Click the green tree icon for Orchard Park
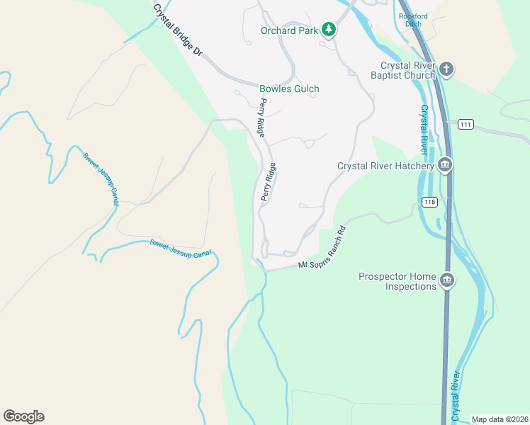click(328, 30)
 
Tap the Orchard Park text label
click(290, 30)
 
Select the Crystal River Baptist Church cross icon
click(446, 69)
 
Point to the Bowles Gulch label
click(289, 89)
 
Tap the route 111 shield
click(466, 124)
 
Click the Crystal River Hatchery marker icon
click(445, 166)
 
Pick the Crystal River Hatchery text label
click(385, 166)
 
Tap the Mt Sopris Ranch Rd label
click(321, 249)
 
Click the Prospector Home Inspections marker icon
click(446, 281)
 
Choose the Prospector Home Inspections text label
click(397, 282)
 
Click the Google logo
click(23, 416)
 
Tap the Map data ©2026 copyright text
click(500, 419)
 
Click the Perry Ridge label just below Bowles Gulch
click(262, 118)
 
